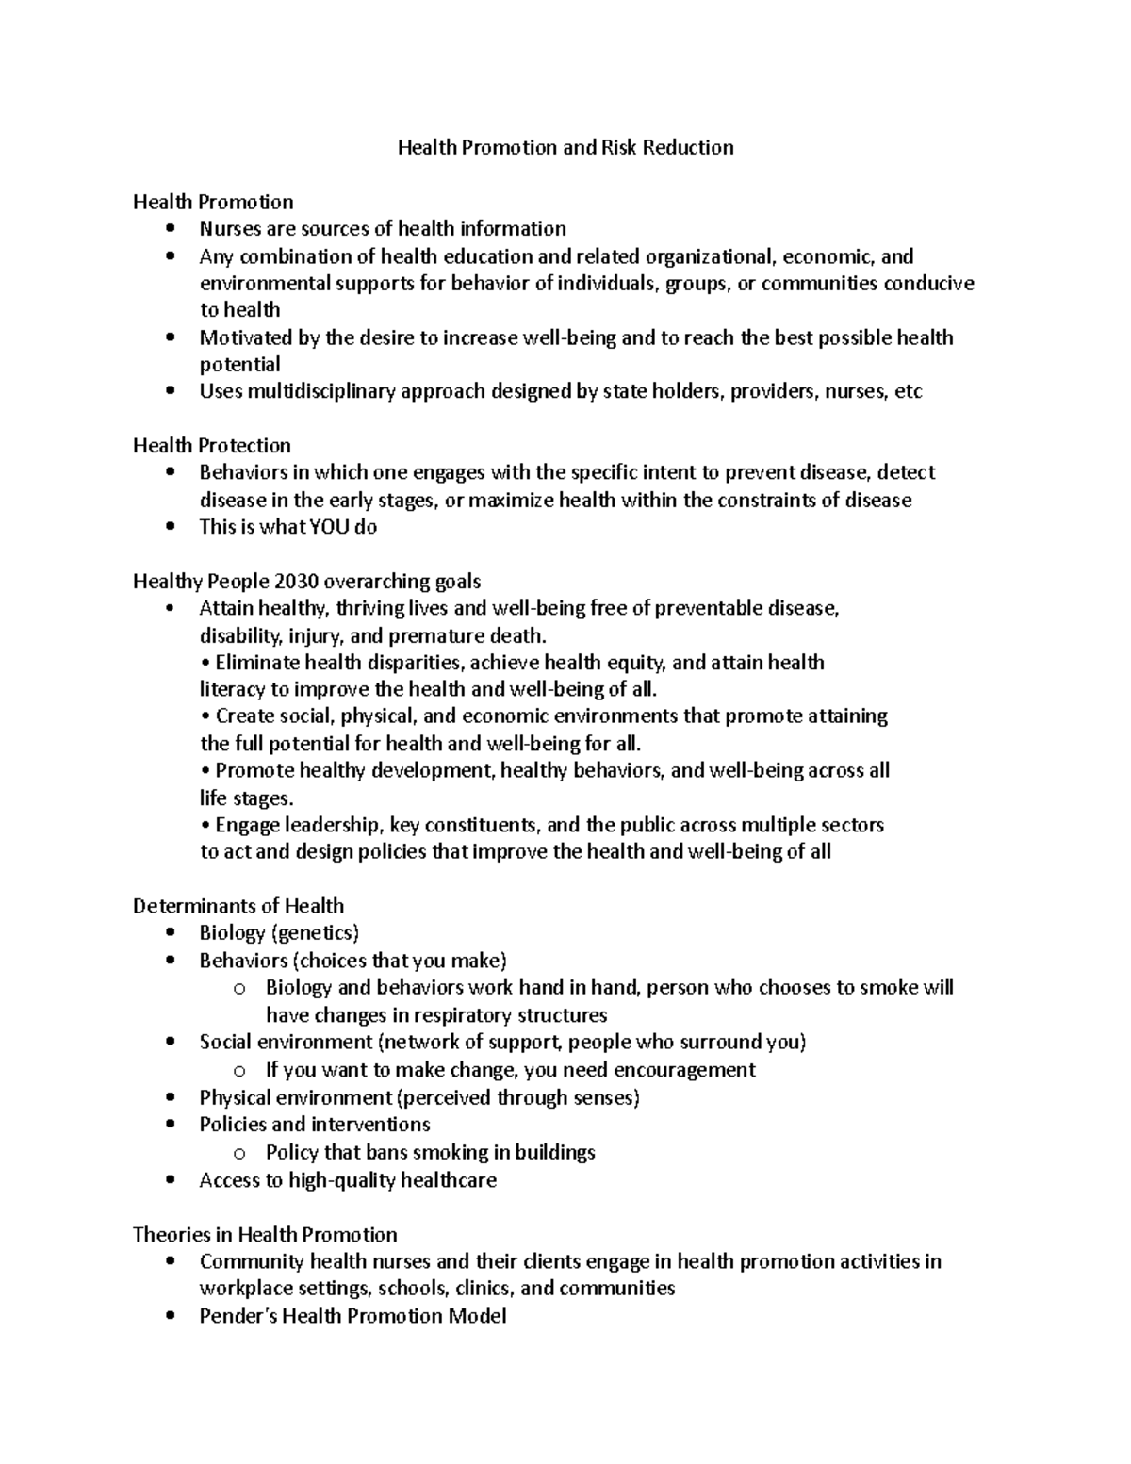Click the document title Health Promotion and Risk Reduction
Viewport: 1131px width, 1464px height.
pyautogui.click(x=565, y=147)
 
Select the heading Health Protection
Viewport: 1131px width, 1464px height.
pyautogui.click(x=211, y=445)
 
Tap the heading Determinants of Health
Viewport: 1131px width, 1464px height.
pyautogui.click(x=238, y=906)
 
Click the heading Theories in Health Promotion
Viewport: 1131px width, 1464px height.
pyautogui.click(x=265, y=1234)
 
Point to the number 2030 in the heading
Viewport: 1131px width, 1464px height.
pyautogui.click(x=294, y=581)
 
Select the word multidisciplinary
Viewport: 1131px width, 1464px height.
pyautogui.click(x=321, y=391)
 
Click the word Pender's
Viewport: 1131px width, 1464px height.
pyautogui.click(x=235, y=1316)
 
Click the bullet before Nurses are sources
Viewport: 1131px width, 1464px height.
pyautogui.click(x=170, y=228)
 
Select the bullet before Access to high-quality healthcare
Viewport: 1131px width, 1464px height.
pyautogui.click(x=170, y=1180)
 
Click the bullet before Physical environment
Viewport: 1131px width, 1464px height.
pyautogui.click(x=170, y=1097)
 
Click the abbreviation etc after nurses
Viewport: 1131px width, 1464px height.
pyautogui.click(x=908, y=391)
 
